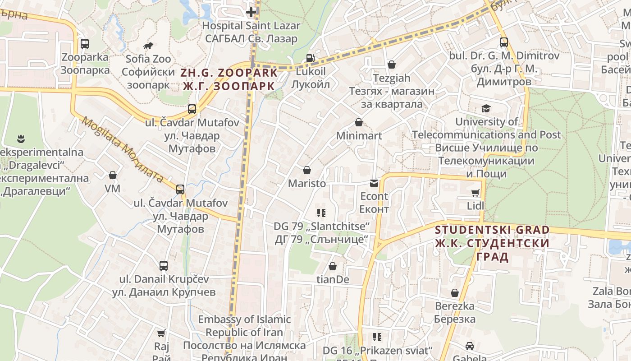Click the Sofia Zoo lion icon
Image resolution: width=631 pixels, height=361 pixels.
coord(148,46)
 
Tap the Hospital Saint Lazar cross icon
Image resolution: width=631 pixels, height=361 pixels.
coord(251,12)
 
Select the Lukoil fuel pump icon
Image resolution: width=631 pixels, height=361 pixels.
coord(310,58)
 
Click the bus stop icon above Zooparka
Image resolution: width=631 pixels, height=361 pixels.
coord(85,44)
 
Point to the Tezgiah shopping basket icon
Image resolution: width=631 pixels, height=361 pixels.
coord(391,65)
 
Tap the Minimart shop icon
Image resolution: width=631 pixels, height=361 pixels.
coord(359,122)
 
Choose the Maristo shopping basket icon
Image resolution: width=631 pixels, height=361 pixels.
coord(307,170)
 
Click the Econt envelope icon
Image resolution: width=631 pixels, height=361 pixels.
coord(374,183)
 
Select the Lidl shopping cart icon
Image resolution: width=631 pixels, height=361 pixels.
coord(475,193)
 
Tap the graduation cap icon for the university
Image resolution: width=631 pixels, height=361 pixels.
coord(486,108)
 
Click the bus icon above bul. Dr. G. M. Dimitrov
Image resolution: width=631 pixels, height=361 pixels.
coord(504,42)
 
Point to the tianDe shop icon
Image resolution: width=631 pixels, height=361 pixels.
coord(333,267)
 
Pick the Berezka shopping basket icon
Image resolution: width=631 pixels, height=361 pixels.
coord(455,293)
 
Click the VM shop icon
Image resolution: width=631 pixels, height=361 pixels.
coord(113,175)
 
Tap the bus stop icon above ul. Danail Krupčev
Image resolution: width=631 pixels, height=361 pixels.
coord(164,266)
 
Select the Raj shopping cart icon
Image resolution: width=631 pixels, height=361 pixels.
coord(161,333)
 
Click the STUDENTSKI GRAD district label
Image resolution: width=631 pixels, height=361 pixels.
coord(492,230)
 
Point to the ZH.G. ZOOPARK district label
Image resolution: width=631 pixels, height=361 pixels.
coord(229,73)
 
